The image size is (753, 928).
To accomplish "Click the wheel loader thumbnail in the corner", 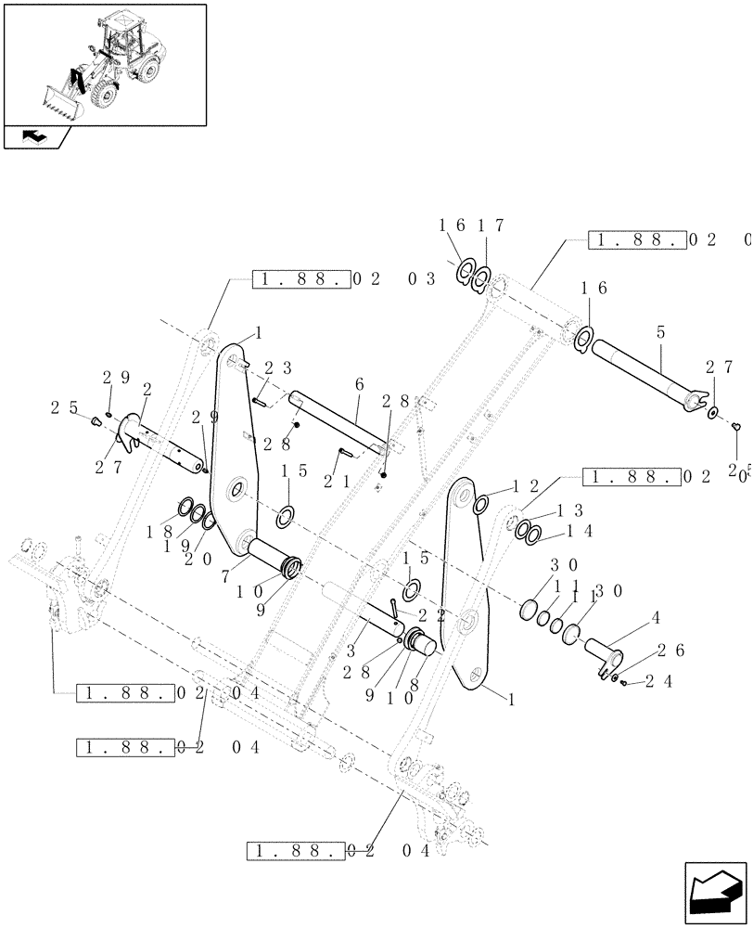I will pos(104,63).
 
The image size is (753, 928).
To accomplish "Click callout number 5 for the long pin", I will pos(658,331).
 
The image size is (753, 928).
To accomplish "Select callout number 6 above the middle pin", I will pos(358,383).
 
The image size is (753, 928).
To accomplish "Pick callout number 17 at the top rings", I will pos(491,226).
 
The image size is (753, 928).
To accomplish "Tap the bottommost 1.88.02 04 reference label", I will pos(338,851).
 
